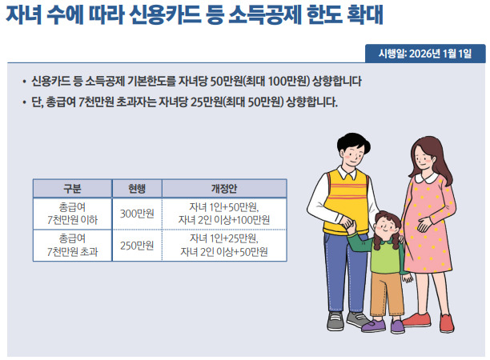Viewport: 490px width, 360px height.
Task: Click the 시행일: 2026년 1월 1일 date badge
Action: click(425, 53)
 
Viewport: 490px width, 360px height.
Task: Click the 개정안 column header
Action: click(225, 189)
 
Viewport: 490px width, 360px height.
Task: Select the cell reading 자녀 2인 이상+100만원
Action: click(225, 220)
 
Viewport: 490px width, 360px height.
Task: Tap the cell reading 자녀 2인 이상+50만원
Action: click(225, 252)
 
